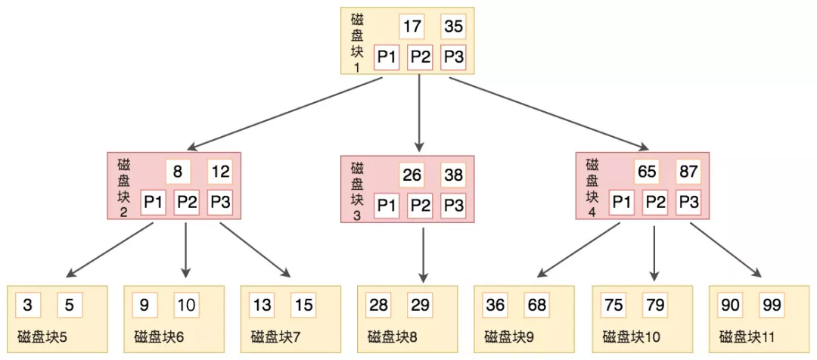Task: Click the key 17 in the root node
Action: click(x=412, y=27)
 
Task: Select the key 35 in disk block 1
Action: click(x=453, y=27)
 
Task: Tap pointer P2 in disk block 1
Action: click(x=420, y=57)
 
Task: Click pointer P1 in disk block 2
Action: click(x=153, y=202)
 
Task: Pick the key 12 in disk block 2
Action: click(x=219, y=172)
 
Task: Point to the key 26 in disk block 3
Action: click(x=412, y=175)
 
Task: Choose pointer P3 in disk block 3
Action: click(x=453, y=204)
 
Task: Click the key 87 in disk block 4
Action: click(x=688, y=172)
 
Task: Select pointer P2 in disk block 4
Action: click(x=655, y=201)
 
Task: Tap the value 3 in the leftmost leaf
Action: click(x=28, y=306)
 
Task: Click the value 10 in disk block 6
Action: click(x=186, y=306)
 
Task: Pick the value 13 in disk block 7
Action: click(x=262, y=306)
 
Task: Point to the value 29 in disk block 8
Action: click(x=420, y=306)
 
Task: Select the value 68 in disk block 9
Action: click(x=536, y=306)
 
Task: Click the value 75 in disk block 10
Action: click(x=613, y=306)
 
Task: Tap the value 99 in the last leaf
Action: click(x=771, y=306)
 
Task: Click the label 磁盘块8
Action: click(x=393, y=337)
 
